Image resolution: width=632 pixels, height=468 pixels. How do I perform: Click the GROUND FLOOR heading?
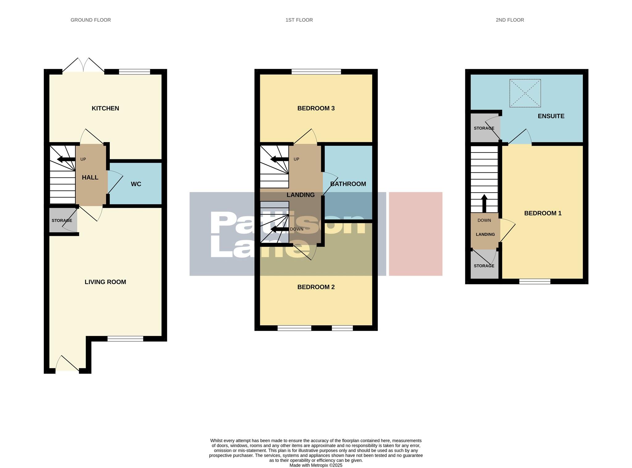90,20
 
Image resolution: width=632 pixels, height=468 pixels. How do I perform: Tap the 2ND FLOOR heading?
509,20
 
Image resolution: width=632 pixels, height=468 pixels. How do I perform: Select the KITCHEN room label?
105,108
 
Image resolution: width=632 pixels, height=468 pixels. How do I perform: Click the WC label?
136,184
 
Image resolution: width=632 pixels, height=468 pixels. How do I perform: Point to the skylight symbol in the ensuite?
525,93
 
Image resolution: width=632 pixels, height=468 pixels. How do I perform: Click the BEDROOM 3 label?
316,108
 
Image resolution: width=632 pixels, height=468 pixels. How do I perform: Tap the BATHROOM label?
348,184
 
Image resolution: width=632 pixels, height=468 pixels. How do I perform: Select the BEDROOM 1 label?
543,213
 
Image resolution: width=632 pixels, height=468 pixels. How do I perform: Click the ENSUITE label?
551,116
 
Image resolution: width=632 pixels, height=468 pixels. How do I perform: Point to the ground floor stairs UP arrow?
66,159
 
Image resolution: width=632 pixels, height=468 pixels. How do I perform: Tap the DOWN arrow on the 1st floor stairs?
279,229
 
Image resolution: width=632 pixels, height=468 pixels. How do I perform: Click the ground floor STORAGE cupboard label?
62,220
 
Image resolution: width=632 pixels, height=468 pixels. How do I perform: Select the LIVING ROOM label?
105,282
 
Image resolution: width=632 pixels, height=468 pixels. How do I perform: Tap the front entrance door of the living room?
67,364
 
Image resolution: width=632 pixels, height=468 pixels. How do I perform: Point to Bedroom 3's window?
316,72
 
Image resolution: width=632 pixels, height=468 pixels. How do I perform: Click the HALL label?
90,178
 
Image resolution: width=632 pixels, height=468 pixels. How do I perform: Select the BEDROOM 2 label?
316,287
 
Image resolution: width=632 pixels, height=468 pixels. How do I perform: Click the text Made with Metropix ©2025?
316,465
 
